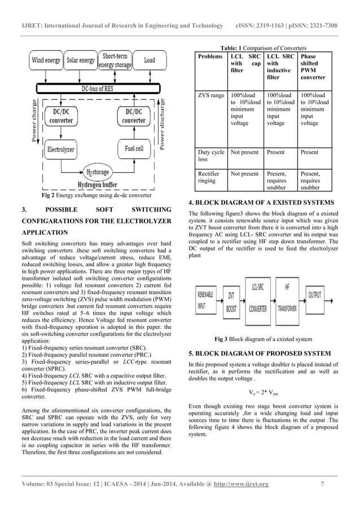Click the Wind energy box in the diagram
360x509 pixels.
click(x=45, y=60)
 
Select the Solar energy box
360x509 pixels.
click(x=80, y=60)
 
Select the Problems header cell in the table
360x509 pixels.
click(x=210, y=58)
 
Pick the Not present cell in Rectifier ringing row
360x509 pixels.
click(x=245, y=174)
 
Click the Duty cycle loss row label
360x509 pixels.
click(x=210, y=156)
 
